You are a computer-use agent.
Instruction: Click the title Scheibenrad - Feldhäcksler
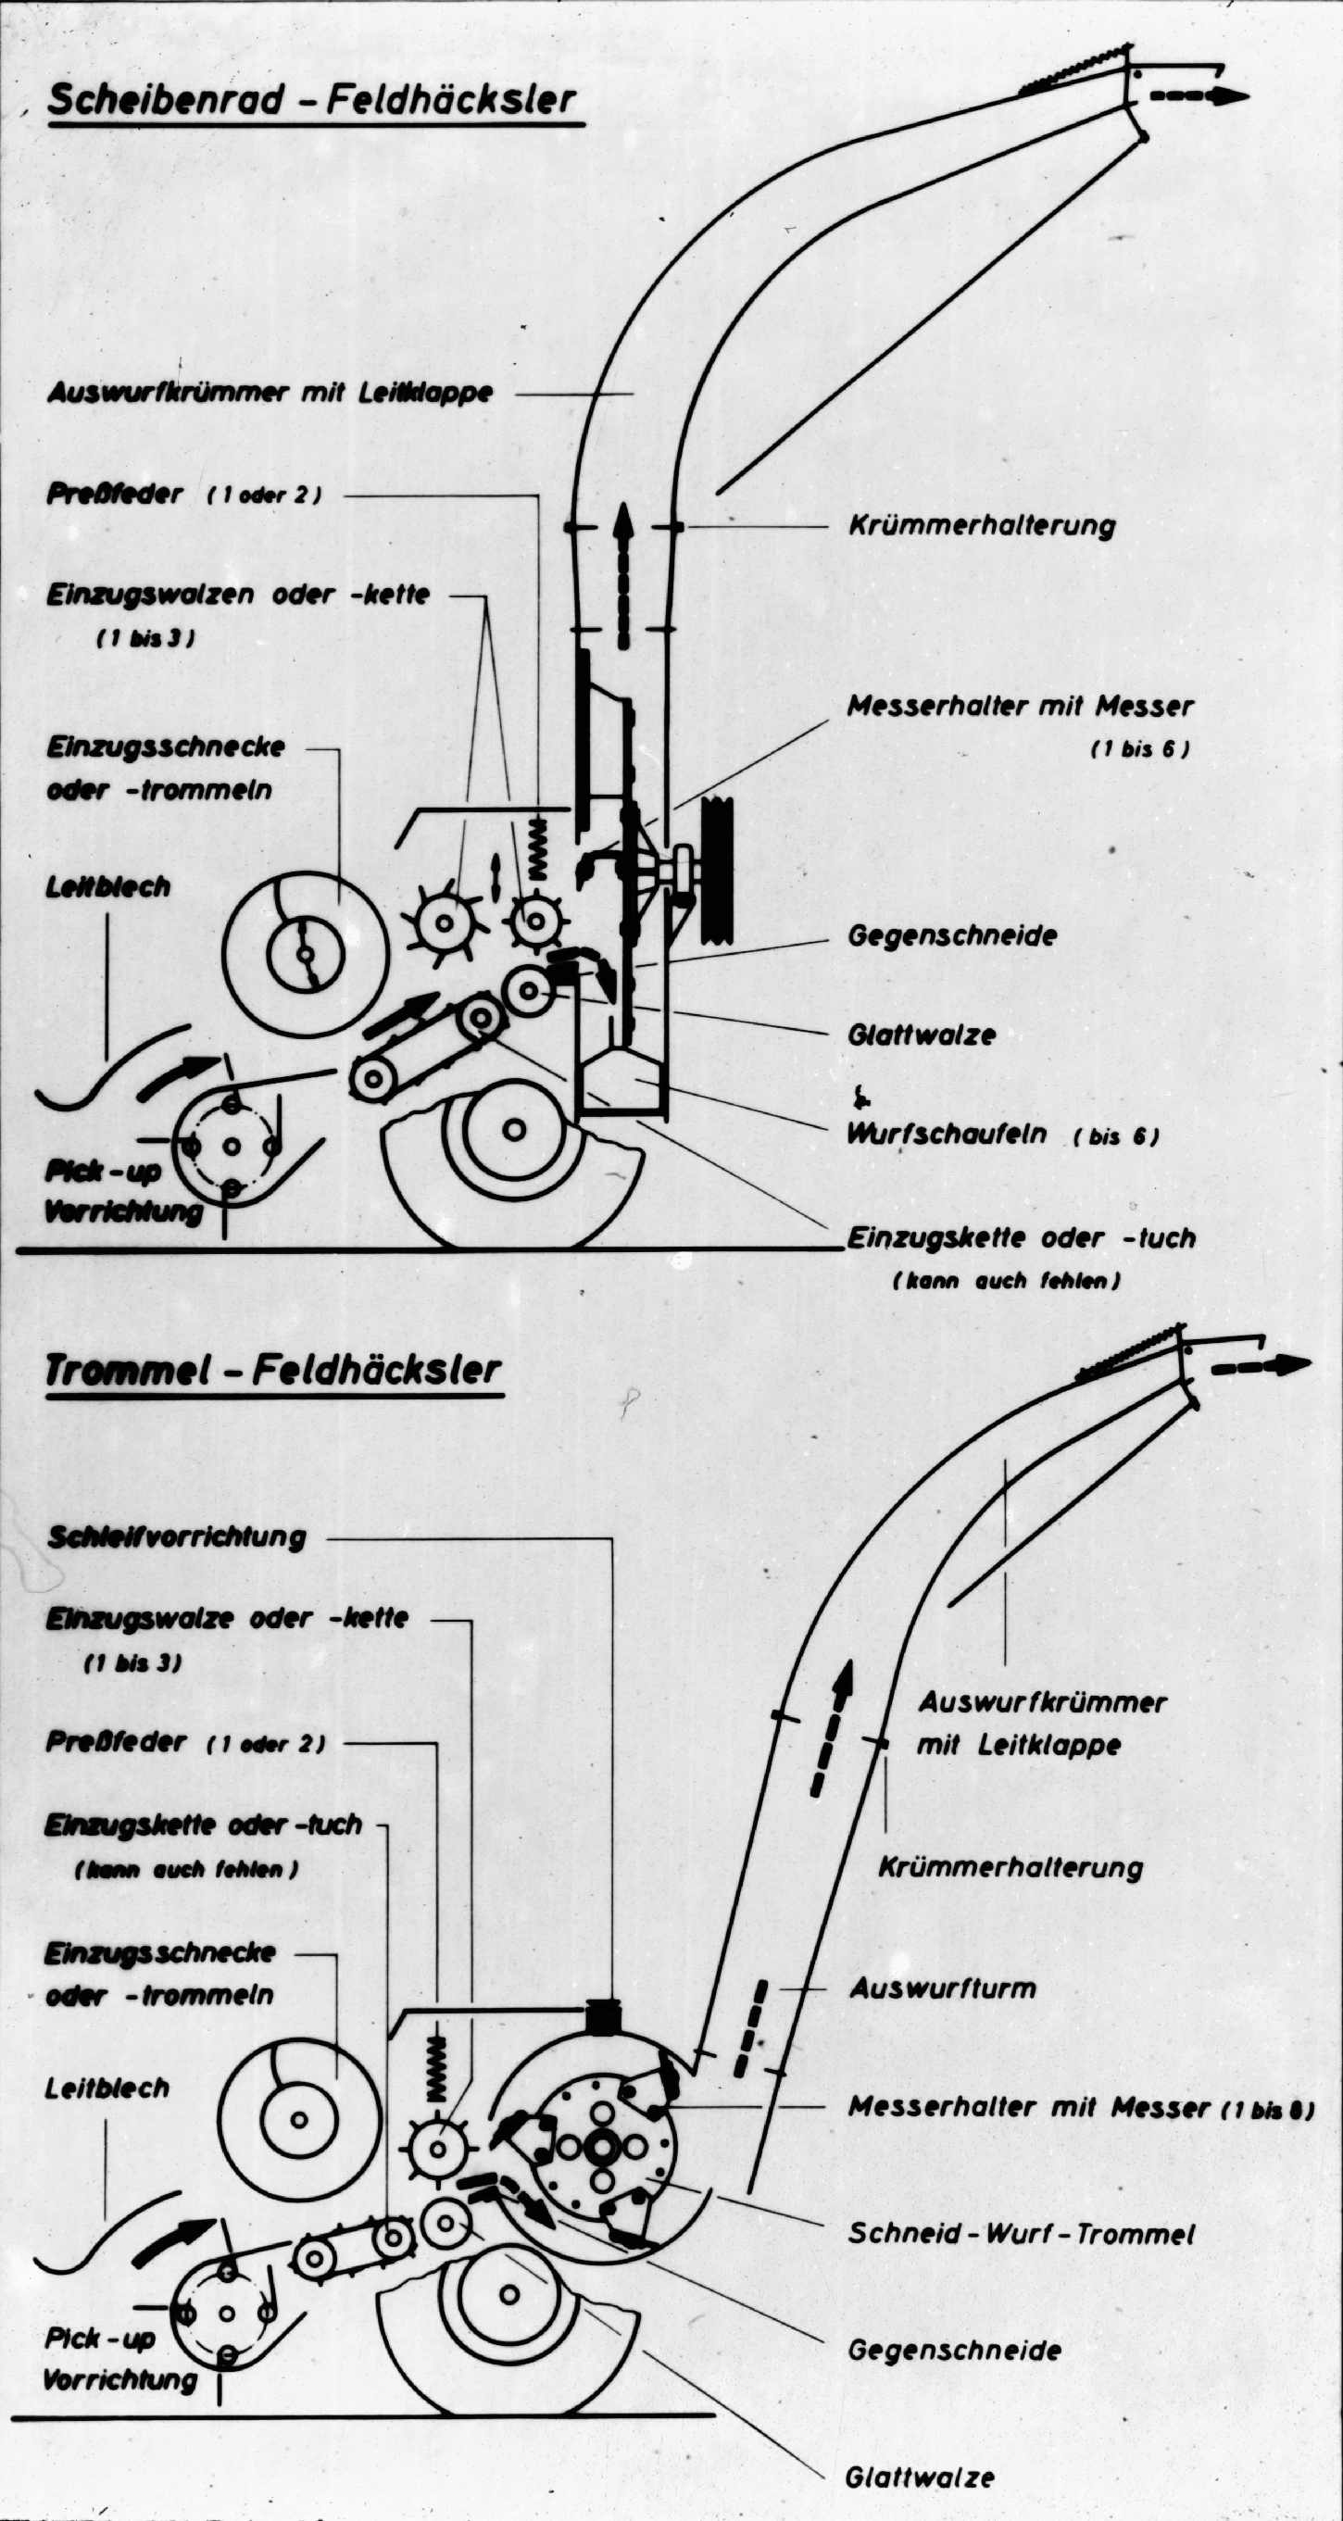click(311, 102)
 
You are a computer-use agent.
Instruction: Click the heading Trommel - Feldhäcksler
click(273, 1370)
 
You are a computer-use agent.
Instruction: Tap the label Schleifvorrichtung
click(177, 1536)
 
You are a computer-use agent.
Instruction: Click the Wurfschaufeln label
click(947, 1135)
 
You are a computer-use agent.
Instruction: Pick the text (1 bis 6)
click(1139, 749)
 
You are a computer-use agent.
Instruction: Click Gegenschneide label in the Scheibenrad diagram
click(951, 934)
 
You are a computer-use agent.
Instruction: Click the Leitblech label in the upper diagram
click(107, 886)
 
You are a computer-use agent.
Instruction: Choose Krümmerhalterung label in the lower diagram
click(1010, 1867)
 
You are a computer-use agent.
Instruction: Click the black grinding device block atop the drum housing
click(604, 2015)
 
